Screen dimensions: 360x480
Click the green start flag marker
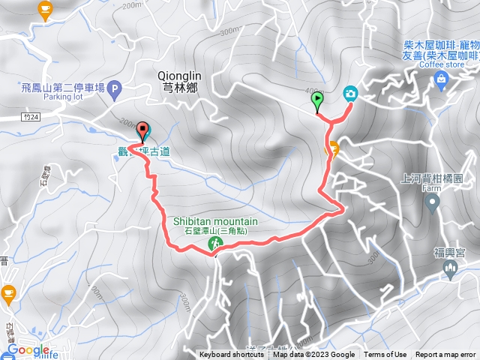pos(317,99)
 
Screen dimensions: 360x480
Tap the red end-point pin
pos(142,131)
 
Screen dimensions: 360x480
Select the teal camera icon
pos(350,94)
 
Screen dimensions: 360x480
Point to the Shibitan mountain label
pos(216,221)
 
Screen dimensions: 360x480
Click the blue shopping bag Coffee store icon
pos(441,82)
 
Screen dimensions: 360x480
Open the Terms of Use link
pos(385,355)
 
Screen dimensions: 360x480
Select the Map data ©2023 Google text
pos(313,355)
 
